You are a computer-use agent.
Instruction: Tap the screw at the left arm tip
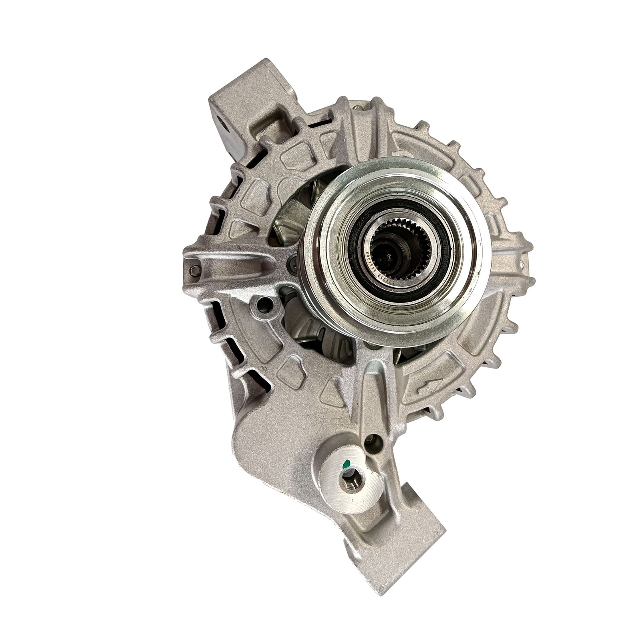195,271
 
